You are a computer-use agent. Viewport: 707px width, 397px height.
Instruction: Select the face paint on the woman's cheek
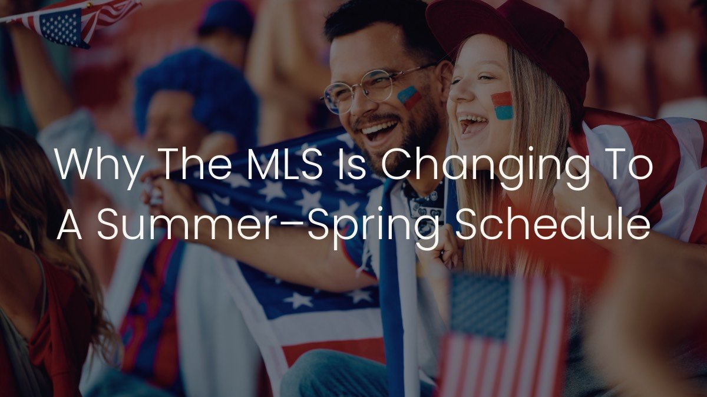click(502, 105)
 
